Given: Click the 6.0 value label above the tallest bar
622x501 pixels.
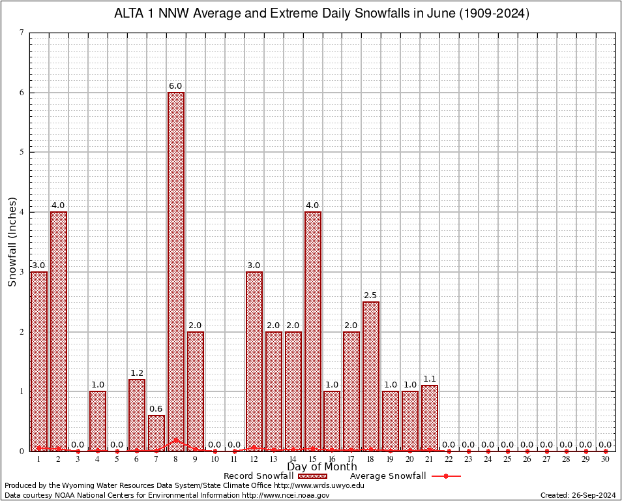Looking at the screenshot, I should point(175,86).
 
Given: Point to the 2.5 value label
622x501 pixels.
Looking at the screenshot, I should point(371,296).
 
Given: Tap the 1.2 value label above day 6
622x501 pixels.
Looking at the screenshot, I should point(137,373).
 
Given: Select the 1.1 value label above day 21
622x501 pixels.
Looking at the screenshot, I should point(430,379).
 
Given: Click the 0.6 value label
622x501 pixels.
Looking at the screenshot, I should point(156,409).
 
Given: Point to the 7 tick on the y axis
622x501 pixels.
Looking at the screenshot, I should point(22,33).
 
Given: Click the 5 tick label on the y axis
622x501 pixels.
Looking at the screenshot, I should point(22,152).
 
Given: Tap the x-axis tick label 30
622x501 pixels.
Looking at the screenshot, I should point(606,459).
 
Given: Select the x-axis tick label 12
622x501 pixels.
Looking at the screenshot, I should point(254,459).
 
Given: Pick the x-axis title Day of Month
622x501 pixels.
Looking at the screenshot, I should point(321,467).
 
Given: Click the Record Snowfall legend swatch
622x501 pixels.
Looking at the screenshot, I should point(312,476).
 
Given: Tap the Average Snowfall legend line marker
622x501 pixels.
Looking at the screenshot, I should point(446,476).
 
